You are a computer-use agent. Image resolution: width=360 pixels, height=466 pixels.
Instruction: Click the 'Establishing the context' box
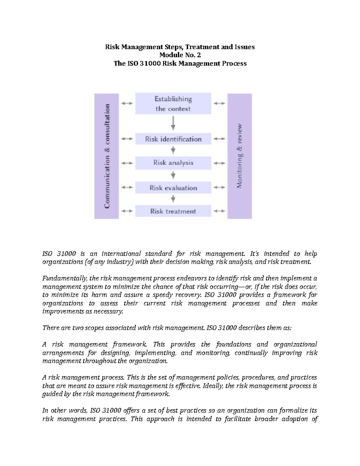click(173, 104)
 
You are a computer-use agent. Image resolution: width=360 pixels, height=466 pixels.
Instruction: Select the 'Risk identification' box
click(173, 139)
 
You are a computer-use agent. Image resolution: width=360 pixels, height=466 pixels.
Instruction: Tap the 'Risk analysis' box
click(173, 163)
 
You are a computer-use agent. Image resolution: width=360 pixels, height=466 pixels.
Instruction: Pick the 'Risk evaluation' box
click(173, 188)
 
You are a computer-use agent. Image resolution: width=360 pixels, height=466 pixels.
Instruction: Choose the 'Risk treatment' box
click(173, 211)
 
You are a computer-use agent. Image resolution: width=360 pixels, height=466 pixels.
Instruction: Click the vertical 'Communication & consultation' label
click(107, 156)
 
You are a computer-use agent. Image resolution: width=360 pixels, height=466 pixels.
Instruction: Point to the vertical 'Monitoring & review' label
click(240, 156)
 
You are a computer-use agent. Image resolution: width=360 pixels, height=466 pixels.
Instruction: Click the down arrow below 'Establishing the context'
click(173, 123)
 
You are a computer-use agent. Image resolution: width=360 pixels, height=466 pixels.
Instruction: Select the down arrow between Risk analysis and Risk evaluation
click(173, 175)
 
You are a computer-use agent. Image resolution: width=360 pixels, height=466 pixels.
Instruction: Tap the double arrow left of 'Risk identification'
click(127, 139)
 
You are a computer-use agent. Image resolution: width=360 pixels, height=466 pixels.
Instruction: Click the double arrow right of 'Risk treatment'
click(219, 211)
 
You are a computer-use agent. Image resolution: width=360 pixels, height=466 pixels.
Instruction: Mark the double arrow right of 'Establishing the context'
click(219, 104)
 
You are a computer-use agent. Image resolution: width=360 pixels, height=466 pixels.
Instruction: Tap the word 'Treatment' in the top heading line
click(203, 47)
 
